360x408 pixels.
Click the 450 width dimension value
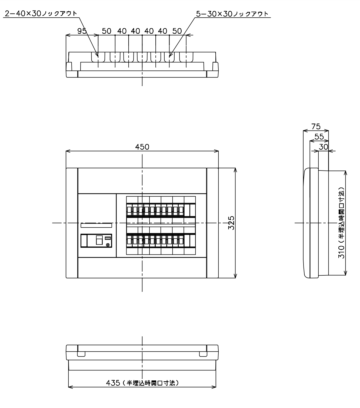coord(142,147)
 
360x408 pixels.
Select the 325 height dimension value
coord(231,223)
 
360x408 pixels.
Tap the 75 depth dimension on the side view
coord(316,126)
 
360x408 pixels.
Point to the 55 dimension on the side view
coord(319,137)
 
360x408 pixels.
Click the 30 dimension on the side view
coord(324,147)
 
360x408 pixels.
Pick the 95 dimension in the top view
coord(82,31)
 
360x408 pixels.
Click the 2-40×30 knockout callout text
coord(41,14)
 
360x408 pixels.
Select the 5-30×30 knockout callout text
coord(232,14)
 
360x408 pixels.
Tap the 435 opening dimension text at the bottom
coord(142,383)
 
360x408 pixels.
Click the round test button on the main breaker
coord(108,245)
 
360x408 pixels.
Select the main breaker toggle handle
coord(99,240)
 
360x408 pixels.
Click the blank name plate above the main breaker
coord(96,225)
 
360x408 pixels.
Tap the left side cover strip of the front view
coord(72,223)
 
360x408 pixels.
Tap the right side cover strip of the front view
coord(212,223)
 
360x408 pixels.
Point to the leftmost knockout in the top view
coord(98,57)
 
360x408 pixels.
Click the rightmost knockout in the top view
coord(186,57)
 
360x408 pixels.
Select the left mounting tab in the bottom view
coord(81,354)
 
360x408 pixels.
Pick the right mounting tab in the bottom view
coord(203,354)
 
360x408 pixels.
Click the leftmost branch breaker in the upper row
coord(129,210)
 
